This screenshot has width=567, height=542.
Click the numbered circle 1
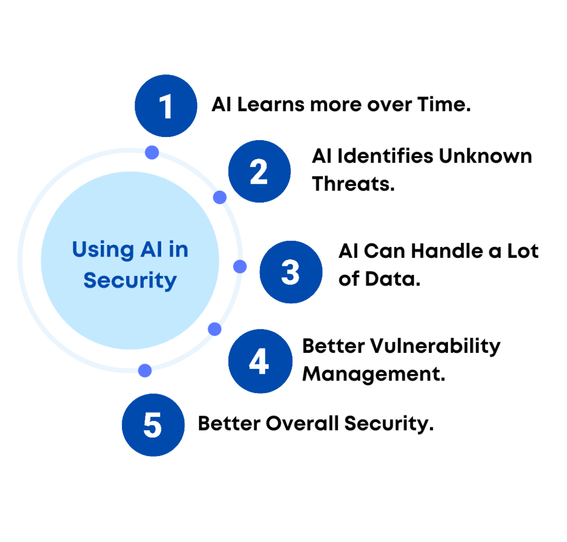[166, 106]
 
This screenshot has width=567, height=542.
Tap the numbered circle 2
[259, 171]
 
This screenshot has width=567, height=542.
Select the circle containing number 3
[291, 272]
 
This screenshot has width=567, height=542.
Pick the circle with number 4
[260, 361]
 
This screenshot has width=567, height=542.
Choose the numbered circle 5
[153, 425]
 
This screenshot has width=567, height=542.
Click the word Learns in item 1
[271, 105]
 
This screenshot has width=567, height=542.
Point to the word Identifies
[385, 157]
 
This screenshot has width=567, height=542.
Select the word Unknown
[486, 157]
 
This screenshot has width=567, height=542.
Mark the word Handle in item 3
[447, 251]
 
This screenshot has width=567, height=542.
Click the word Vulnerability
[436, 347]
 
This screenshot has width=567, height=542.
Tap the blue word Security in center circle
[130, 281]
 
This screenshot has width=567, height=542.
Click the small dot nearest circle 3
[240, 266]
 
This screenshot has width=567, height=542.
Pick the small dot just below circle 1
[152, 153]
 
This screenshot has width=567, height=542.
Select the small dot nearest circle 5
[145, 370]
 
